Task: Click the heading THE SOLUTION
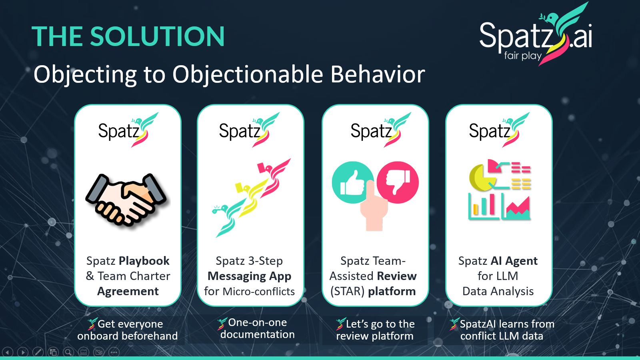pos(128,36)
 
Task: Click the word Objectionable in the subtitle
pos(247,75)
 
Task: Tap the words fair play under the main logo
pos(522,55)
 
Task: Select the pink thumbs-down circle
pos(398,182)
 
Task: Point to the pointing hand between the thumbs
pos(374,208)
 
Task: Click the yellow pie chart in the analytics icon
pos(480,178)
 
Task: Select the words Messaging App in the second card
pos(249,276)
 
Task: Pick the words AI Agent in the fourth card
pos(514,261)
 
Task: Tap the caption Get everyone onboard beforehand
pos(128,330)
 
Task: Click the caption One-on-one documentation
pos(257,328)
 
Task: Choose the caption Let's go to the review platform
pos(375,330)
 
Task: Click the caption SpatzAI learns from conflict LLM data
pos(502,330)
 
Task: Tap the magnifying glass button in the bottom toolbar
pos(68,352)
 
